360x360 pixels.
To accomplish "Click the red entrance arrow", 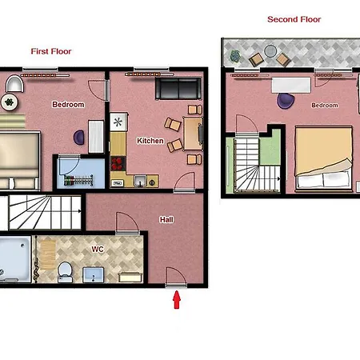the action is (x=177, y=300).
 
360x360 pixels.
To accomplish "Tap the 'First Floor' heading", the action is (x=51, y=51).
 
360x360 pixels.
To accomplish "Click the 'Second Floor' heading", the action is (x=294, y=19).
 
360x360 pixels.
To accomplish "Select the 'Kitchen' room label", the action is (x=150, y=141).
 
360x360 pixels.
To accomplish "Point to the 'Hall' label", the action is (x=166, y=219).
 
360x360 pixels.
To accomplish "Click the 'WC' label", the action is (x=98, y=250).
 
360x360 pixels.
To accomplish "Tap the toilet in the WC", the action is (x=65, y=272).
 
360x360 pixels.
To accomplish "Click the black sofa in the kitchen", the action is (x=178, y=89).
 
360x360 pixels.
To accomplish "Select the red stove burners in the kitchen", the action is (x=118, y=163).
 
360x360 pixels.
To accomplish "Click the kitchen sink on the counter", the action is (x=140, y=180).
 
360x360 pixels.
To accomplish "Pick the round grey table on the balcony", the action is (x=270, y=51).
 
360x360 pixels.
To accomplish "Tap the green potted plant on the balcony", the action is (x=235, y=56).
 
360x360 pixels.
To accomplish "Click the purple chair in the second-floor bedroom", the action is (x=286, y=101).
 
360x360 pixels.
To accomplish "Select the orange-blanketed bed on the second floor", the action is (x=323, y=158).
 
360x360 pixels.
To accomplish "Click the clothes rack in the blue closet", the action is (x=78, y=181).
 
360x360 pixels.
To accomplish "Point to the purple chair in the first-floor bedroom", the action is (x=79, y=137).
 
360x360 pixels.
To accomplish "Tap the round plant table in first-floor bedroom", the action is (x=10, y=102).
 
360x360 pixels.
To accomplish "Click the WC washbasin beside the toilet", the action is (x=94, y=275).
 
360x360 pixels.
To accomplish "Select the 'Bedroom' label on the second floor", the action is (x=325, y=105).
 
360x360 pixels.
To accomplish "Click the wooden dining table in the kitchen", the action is (x=193, y=134).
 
